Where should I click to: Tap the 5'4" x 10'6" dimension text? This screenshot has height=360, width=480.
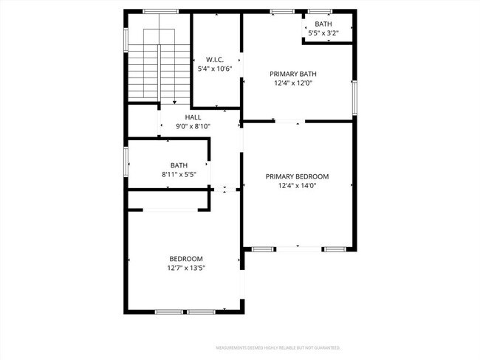click(x=216, y=69)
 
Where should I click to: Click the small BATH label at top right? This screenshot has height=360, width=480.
click(x=323, y=24)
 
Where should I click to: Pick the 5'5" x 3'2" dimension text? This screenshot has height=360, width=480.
click(x=323, y=33)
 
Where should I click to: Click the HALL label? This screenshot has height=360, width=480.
click(x=193, y=117)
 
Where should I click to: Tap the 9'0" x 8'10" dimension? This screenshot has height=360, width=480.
click(x=193, y=127)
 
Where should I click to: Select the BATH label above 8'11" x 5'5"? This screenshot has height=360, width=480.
click(x=179, y=165)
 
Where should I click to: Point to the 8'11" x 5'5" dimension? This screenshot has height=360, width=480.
click(x=179, y=175)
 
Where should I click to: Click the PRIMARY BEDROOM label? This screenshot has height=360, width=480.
click(x=298, y=176)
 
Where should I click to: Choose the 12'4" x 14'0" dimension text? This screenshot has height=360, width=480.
click(x=298, y=187)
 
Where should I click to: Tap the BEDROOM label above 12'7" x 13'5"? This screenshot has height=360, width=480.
click(x=186, y=258)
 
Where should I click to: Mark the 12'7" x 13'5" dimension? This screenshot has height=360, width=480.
click(x=186, y=268)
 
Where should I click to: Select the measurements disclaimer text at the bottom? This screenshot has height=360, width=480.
click(x=278, y=347)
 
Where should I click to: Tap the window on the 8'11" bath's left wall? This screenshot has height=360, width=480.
click(x=126, y=157)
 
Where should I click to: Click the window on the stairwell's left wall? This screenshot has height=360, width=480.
click(x=126, y=39)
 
